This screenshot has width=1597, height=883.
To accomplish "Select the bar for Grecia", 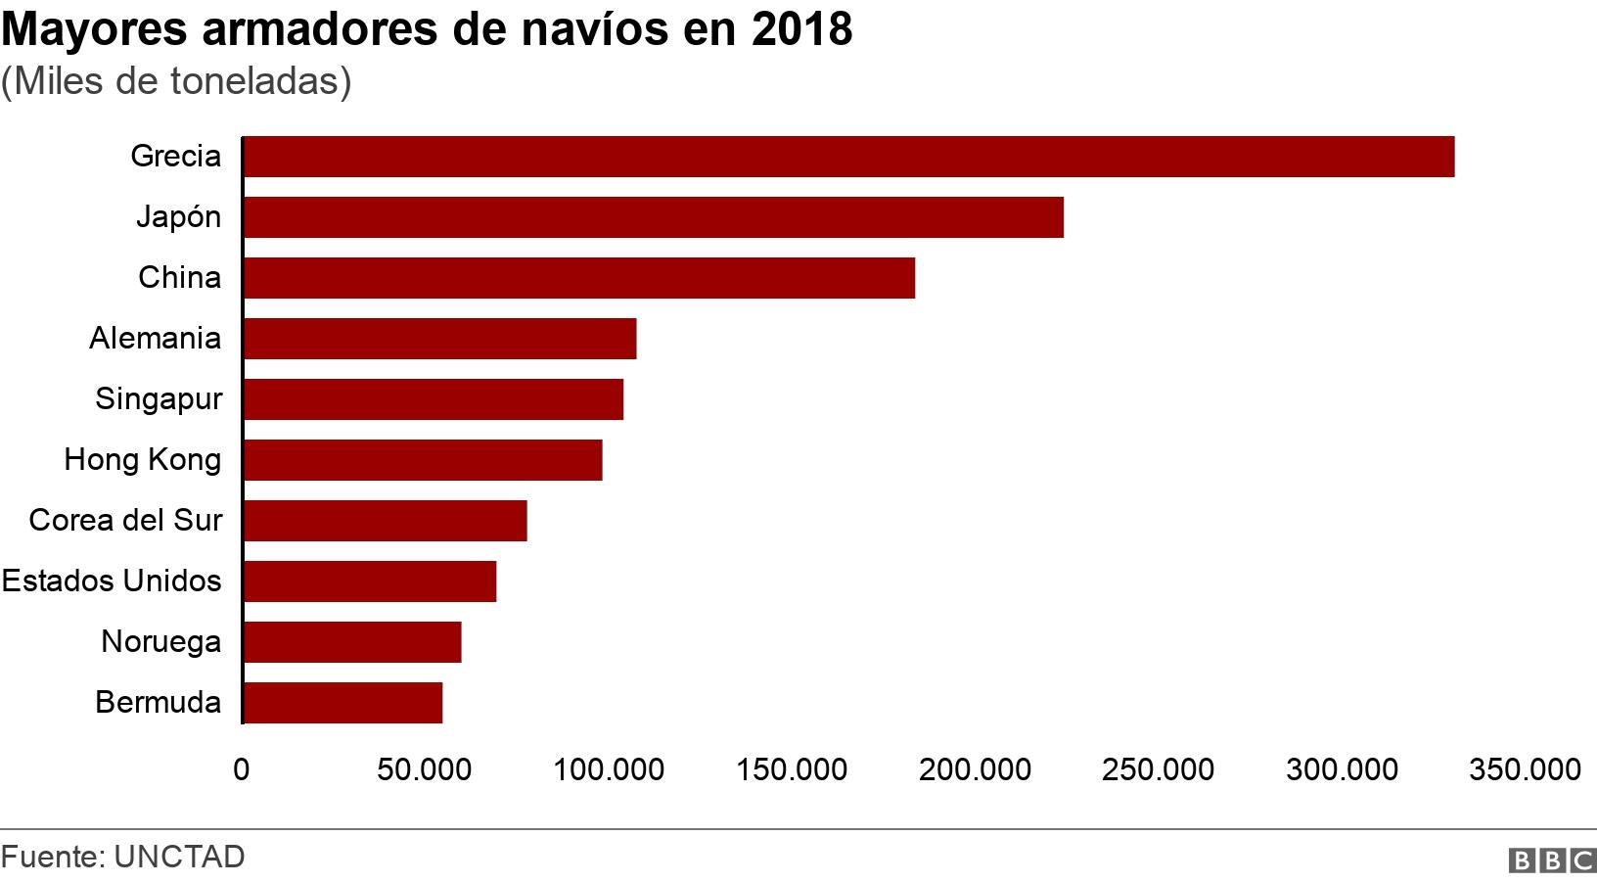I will [848, 157].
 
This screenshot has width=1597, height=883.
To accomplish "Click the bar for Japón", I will [653, 217].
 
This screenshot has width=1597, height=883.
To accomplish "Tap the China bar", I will [578, 278].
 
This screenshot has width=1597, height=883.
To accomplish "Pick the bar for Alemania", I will [439, 339].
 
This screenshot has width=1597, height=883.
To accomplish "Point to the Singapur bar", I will [433, 399].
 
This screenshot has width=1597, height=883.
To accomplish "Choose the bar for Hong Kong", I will [422, 460].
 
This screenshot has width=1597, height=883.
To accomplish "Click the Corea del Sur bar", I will [385, 521].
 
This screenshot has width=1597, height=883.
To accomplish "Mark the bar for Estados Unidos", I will [369, 581].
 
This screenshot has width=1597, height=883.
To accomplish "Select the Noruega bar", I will [351, 642].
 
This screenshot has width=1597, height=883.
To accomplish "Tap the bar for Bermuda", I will [342, 703].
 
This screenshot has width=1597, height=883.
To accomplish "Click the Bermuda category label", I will [159, 703].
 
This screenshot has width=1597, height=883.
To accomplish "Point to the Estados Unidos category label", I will [112, 581].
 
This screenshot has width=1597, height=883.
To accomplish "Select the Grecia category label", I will [176, 157].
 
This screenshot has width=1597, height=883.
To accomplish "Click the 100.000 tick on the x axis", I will [609, 770].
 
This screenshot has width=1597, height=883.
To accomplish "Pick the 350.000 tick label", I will [1525, 770].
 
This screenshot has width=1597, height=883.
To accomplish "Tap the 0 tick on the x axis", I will [242, 770].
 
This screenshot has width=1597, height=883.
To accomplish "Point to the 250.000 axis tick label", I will [1159, 770].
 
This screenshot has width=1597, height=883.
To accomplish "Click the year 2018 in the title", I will [802, 30].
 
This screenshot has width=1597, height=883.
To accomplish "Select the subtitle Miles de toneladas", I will [176, 81].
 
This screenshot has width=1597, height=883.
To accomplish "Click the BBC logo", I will [1552, 860].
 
